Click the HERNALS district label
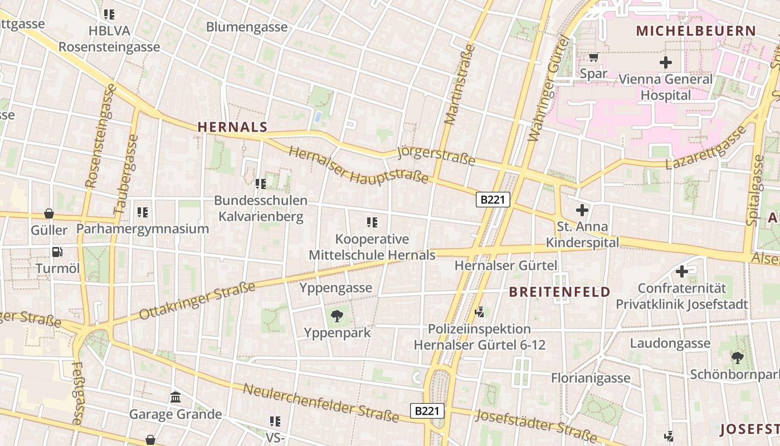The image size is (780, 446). click(x=232, y=127)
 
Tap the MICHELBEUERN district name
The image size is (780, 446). click(x=696, y=31)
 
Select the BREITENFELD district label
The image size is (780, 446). click(x=560, y=292)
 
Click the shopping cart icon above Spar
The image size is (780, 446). click(x=593, y=57)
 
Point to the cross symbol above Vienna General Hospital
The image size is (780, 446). click(x=665, y=62)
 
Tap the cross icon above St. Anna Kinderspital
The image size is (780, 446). click(x=582, y=210)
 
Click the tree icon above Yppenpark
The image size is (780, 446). click(x=337, y=316)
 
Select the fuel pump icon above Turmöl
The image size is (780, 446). click(x=57, y=252)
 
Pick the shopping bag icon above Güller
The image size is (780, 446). click(x=49, y=214)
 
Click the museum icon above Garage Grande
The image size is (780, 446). click(x=175, y=397)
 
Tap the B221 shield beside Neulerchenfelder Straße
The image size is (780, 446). click(x=428, y=411)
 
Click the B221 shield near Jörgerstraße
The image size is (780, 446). click(x=493, y=200)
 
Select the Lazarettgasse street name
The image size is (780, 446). click(x=706, y=148)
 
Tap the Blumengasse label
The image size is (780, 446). click(x=247, y=27)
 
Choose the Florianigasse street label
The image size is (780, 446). click(x=591, y=378)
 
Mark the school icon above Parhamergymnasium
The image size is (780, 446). click(x=143, y=212)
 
